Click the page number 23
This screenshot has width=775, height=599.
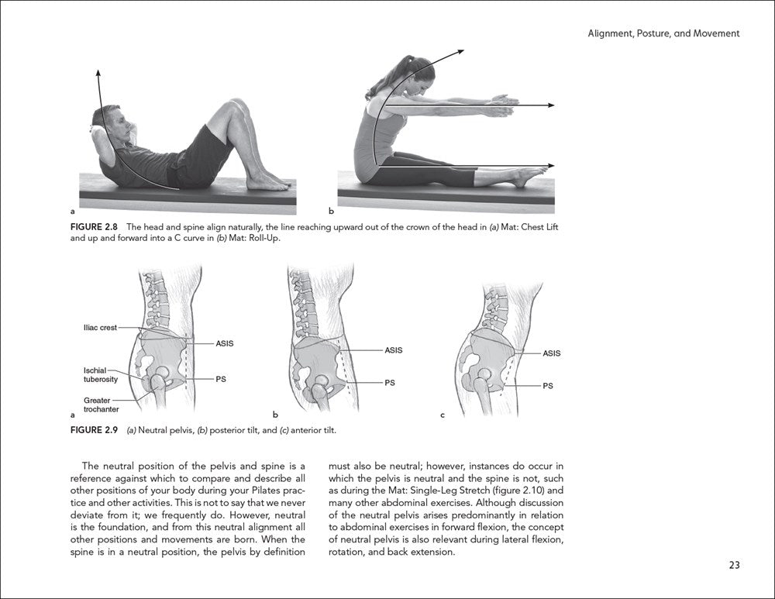(734, 565)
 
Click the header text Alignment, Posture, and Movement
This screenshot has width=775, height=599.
(664, 33)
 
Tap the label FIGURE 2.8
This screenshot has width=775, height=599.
(95, 227)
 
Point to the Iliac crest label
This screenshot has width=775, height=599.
(100, 328)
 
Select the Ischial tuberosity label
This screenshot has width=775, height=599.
(100, 375)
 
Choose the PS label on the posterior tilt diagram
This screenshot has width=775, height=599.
(390, 382)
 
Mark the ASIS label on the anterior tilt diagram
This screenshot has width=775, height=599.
(551, 353)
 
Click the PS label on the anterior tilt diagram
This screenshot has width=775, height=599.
(547, 385)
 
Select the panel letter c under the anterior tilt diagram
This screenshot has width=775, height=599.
(443, 415)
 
